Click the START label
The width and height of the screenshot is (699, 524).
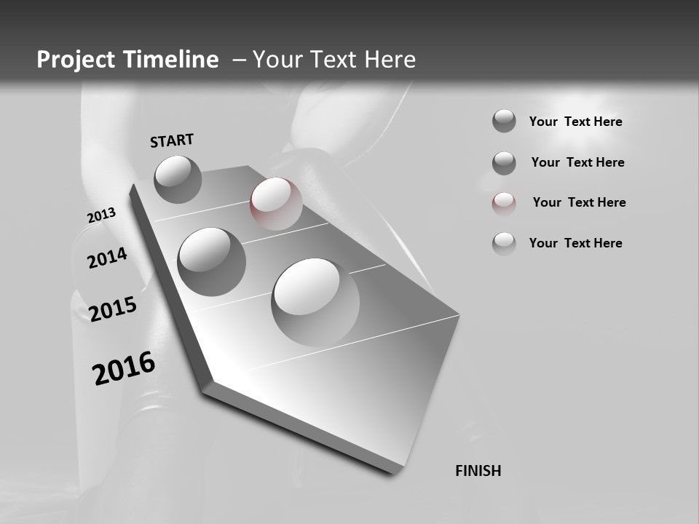pyautogui.click(x=172, y=140)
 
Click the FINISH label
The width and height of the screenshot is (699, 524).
pyautogui.click(x=478, y=471)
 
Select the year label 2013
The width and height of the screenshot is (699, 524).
pyautogui.click(x=101, y=215)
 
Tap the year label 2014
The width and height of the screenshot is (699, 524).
pyautogui.click(x=107, y=258)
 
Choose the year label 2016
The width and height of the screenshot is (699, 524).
pyautogui.click(x=124, y=368)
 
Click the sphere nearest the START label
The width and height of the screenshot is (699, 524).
pyautogui.click(x=178, y=179)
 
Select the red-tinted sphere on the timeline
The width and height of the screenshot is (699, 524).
pyautogui.click(x=276, y=203)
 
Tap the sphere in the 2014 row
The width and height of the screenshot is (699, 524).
pyautogui.click(x=212, y=261)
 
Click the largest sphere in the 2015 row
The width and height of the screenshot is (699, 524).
pyautogui.click(x=315, y=301)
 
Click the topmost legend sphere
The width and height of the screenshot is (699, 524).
pyautogui.click(x=504, y=121)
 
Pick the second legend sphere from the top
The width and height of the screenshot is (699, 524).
pyautogui.click(x=504, y=163)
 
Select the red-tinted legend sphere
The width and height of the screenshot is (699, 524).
pyautogui.click(x=504, y=203)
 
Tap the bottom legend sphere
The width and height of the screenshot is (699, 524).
pyautogui.click(x=504, y=244)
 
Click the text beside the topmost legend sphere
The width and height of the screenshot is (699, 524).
pyautogui.click(x=575, y=122)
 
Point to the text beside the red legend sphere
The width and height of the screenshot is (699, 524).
pyautogui.click(x=579, y=202)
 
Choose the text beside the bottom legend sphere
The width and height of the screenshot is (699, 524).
pyautogui.click(x=575, y=243)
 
